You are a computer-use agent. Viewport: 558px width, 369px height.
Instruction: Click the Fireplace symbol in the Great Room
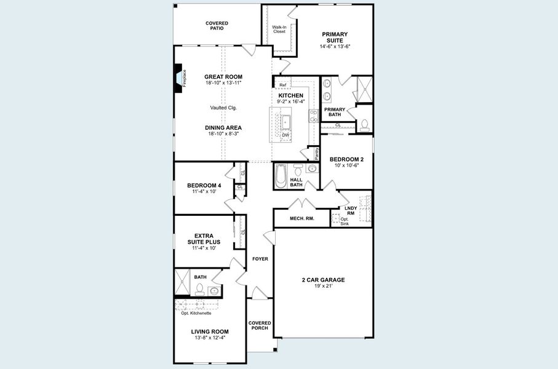coord(180,79)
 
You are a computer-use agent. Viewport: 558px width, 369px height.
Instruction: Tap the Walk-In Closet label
coord(279,29)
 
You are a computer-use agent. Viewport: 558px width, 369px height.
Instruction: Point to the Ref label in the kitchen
coord(282,85)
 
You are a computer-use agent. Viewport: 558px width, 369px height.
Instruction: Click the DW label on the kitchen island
coord(285,135)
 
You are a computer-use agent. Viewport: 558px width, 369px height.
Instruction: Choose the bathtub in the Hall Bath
coord(281,176)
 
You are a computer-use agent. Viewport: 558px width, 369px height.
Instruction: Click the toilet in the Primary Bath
coord(364,124)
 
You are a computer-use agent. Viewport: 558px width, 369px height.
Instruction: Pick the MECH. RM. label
coord(302,218)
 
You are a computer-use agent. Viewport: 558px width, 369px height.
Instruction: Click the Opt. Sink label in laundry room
coord(345,221)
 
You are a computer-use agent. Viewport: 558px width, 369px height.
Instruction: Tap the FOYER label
coord(260,259)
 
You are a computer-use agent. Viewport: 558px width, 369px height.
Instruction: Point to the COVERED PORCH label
coord(260,325)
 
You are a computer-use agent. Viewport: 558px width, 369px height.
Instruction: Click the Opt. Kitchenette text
coord(196,313)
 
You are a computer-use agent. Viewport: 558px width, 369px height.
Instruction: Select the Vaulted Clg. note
coord(223,108)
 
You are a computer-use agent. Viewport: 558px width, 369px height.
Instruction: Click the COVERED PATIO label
coord(217,26)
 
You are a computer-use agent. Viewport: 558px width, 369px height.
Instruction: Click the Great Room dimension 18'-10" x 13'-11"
coord(223,82)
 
